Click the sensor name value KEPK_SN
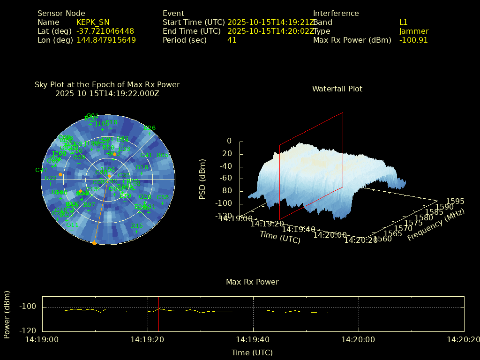point(93,22)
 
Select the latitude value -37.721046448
point(105,31)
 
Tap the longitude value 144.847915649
point(106,40)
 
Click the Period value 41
point(232,40)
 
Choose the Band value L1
point(403,22)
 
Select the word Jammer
point(413,31)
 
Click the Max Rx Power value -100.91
point(413,40)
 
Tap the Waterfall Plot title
point(337,89)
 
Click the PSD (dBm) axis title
point(202,179)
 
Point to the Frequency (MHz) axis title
point(435,225)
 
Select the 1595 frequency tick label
point(455,201)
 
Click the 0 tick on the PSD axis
point(229,141)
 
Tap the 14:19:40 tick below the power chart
point(253,339)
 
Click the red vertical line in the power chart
point(158,314)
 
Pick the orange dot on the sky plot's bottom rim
point(94,243)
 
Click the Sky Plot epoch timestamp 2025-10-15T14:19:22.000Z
point(107,93)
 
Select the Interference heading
point(336,13)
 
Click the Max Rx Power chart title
point(252,282)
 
